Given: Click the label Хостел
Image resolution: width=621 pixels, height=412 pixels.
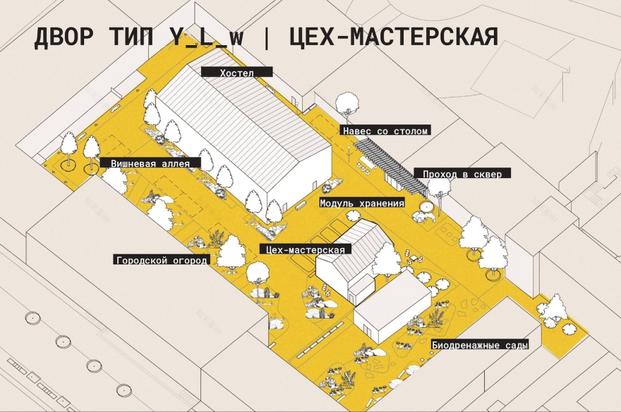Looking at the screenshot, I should click(236, 72).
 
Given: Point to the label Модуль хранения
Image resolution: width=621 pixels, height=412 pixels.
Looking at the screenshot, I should click(362, 204).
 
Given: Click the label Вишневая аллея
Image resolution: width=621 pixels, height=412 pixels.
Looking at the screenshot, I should click(150, 163).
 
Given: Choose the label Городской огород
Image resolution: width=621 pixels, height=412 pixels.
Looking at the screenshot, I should click(162, 260).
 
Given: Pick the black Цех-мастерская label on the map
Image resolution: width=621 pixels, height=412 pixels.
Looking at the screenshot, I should click(306, 249).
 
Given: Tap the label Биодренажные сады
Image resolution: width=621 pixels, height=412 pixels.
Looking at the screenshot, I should click(479, 346).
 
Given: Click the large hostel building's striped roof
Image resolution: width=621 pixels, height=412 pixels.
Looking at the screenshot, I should click(233, 113).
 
